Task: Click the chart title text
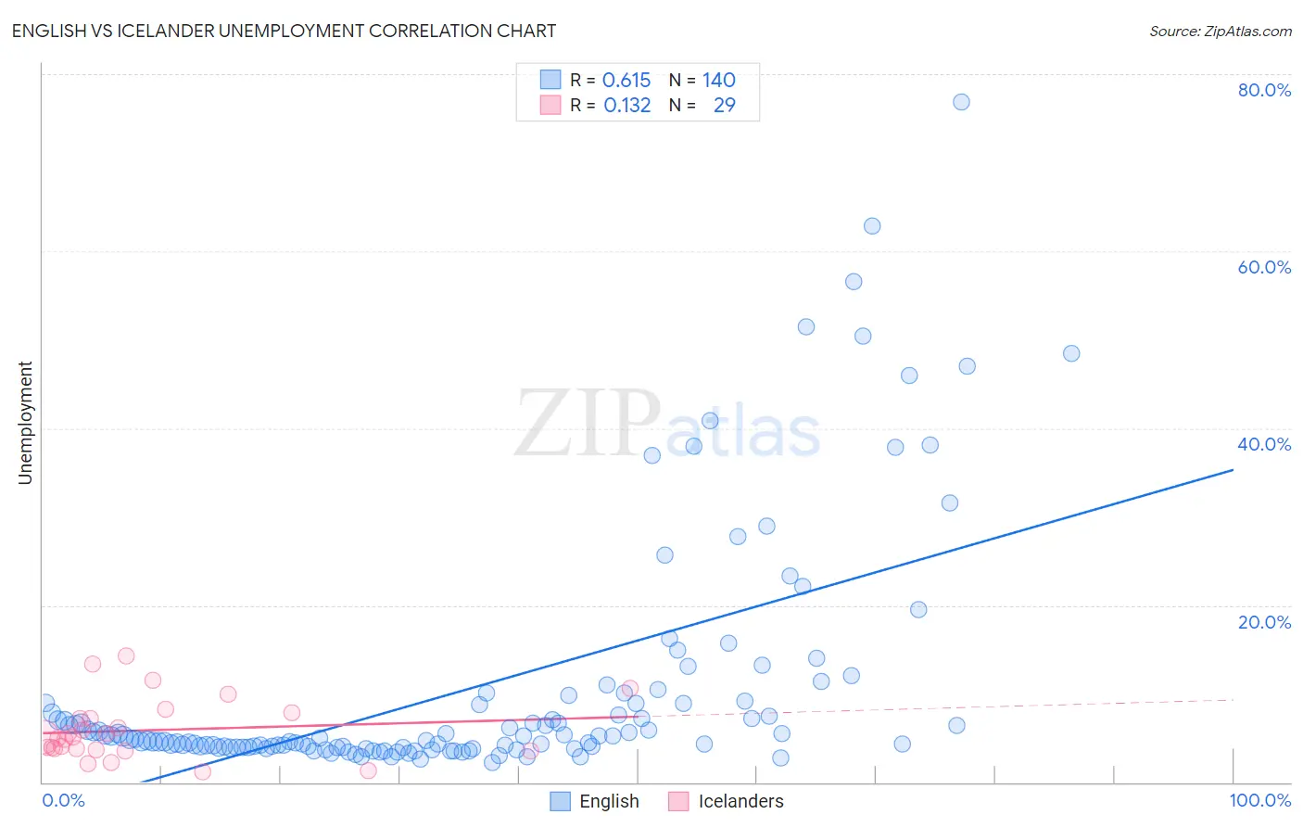pyautogui.click(x=284, y=31)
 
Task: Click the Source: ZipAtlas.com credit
pyautogui.click(x=1220, y=31)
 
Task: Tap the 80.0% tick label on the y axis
pyautogui.click(x=1264, y=90)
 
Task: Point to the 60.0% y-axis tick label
pyautogui.click(x=1264, y=267)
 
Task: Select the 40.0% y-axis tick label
pyautogui.click(x=1264, y=444)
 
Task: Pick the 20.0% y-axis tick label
pyautogui.click(x=1264, y=622)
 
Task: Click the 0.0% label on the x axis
pyautogui.click(x=64, y=800)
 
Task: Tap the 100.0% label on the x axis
pyautogui.click(x=1260, y=800)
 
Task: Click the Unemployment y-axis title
pyautogui.click(x=25, y=423)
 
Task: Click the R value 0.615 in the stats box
pyautogui.click(x=626, y=80)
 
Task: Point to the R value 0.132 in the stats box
pyautogui.click(x=627, y=105)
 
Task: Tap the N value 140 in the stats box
pyautogui.click(x=718, y=80)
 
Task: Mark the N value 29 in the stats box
pyautogui.click(x=724, y=105)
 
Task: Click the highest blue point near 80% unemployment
pyautogui.click(x=961, y=102)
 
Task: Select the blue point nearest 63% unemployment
pyautogui.click(x=872, y=226)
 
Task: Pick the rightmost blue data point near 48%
pyautogui.click(x=1071, y=353)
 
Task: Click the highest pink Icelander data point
pyautogui.click(x=126, y=655)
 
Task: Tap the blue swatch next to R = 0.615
pyautogui.click(x=550, y=80)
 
